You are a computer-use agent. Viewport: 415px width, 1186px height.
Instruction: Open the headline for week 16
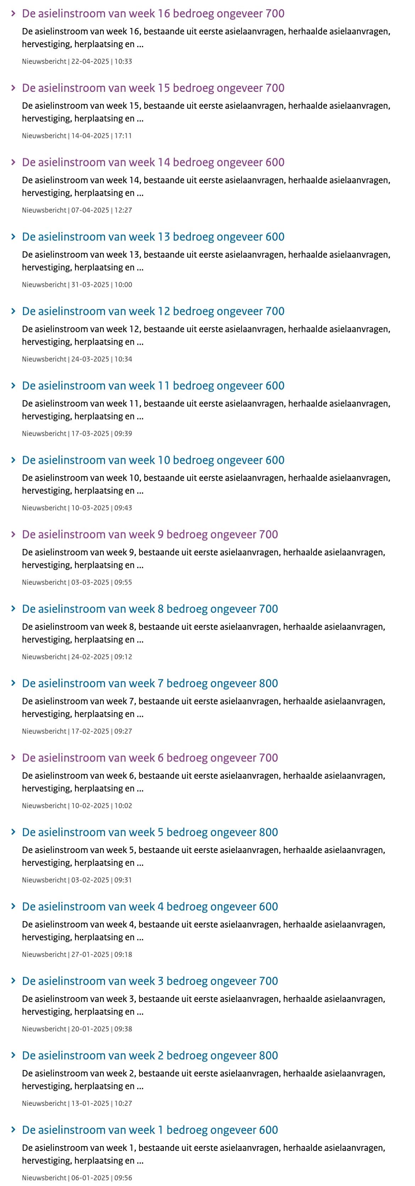(x=153, y=14)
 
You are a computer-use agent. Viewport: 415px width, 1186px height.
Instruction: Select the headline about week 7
(x=150, y=684)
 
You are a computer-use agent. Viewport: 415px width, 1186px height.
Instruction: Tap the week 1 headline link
(x=150, y=1130)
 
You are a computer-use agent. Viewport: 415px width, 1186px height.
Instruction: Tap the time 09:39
(x=123, y=434)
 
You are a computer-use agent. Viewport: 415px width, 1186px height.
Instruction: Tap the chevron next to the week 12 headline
(x=13, y=311)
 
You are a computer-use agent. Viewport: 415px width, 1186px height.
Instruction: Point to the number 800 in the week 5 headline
(x=268, y=833)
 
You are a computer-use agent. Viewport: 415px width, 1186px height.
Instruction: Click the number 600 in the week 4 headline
(x=268, y=907)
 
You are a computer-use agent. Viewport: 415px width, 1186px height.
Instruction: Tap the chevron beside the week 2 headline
(x=13, y=1055)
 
